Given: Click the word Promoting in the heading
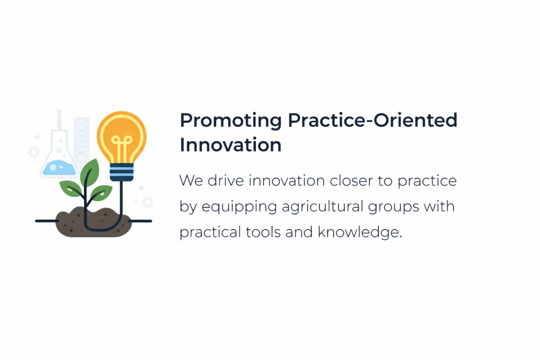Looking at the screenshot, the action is [x=231, y=121].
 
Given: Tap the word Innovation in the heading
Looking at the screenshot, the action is [x=231, y=144].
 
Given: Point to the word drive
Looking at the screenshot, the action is [x=226, y=181].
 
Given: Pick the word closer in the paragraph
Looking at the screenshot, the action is [x=351, y=181].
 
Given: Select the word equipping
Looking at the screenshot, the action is [x=239, y=207].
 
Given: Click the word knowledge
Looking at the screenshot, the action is [x=359, y=232].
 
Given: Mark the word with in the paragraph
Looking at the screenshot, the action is [x=439, y=206].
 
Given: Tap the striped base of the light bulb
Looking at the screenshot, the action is [x=122, y=172].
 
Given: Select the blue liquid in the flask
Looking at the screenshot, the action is [x=59, y=168].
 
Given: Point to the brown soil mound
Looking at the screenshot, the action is [x=94, y=222].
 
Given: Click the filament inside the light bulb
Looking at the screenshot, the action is [x=121, y=149].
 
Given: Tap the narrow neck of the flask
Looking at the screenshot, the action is [x=59, y=121].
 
